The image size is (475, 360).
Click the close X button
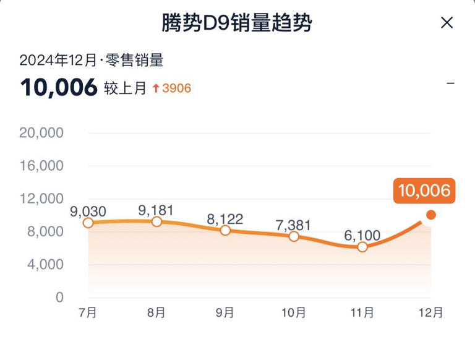pos(447,23)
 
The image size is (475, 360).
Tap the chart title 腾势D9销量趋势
pos(237,23)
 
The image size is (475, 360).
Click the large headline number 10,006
pos(59,88)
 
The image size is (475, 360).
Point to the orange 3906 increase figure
pos(176,88)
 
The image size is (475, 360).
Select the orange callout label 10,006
pos(424,191)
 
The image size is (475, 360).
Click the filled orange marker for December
pos(431,215)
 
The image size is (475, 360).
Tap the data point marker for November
pos(362,247)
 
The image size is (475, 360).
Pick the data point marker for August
pos(156,221)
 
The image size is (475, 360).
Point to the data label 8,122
pos(225,219)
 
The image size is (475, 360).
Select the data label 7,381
pos(294,225)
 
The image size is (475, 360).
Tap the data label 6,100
pos(362,236)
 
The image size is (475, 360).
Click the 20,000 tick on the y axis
pos(42,133)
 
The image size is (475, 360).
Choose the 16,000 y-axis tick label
pos(42,166)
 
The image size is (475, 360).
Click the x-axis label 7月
pos(88,313)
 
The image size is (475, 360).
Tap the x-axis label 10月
pos(294,313)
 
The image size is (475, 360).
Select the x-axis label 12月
pos(431,313)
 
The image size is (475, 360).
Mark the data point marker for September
pos(225,230)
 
